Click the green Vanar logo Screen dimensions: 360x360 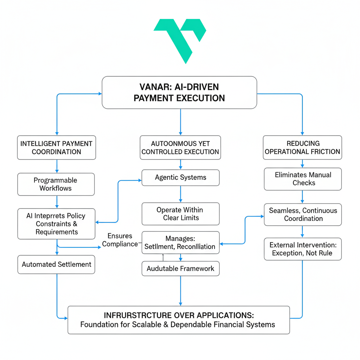tap(180, 39)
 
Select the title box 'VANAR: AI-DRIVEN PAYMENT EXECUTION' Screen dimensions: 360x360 tap(179, 92)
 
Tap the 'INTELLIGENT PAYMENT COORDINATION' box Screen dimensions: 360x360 tap(56, 148)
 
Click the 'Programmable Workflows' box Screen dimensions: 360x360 tap(56, 184)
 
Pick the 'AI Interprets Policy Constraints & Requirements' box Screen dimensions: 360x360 tap(56, 224)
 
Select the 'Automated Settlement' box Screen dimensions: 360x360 tap(56, 264)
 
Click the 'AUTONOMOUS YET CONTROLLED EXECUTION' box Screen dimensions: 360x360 tap(180, 148)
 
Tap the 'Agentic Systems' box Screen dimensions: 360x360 tap(180, 178)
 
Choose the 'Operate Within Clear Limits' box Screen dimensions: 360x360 tap(180, 214)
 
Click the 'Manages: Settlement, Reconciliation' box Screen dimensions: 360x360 tap(180, 243)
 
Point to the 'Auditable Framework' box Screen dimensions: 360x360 tap(180, 269)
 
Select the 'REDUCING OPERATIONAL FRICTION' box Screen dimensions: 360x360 tap(302, 148)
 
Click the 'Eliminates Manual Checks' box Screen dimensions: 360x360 tap(303, 179)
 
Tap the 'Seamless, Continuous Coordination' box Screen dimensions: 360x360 tap(303, 214)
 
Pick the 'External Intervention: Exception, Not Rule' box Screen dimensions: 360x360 tap(303, 249)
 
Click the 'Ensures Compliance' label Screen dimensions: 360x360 tap(120, 240)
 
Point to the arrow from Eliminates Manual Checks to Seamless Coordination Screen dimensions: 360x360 tap(303, 197)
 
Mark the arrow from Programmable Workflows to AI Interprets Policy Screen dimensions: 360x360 tap(57, 202)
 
